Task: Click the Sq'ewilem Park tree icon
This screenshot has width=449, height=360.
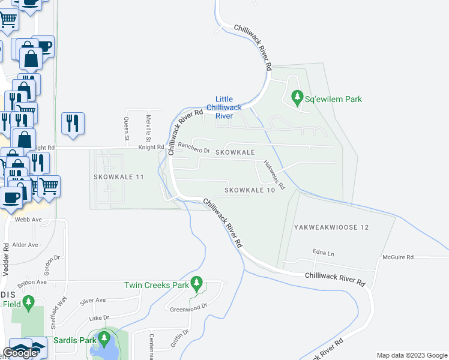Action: (x=297, y=97)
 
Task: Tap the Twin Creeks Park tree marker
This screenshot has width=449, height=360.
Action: (x=196, y=283)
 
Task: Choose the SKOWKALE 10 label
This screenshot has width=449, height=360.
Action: (x=250, y=190)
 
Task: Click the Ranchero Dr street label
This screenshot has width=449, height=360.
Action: (x=194, y=148)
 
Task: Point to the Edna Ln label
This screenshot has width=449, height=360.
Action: (x=322, y=253)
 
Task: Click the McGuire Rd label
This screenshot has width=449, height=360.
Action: (x=398, y=257)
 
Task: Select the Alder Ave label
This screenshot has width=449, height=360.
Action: (x=25, y=245)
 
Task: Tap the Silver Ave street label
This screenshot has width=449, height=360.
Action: (x=92, y=300)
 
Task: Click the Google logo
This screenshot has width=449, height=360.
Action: (x=20, y=353)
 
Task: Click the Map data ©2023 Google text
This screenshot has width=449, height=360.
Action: (x=411, y=355)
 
